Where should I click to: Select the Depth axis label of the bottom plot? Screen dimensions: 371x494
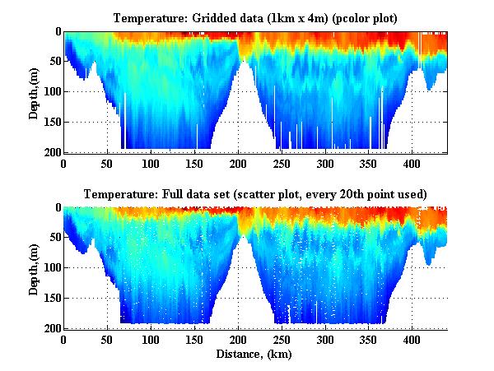(x=34, y=268)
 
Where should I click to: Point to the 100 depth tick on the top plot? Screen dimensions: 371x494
(x=50, y=92)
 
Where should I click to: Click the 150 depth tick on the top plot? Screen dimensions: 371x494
(x=50, y=123)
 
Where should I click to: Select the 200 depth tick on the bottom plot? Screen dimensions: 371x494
(x=50, y=329)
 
